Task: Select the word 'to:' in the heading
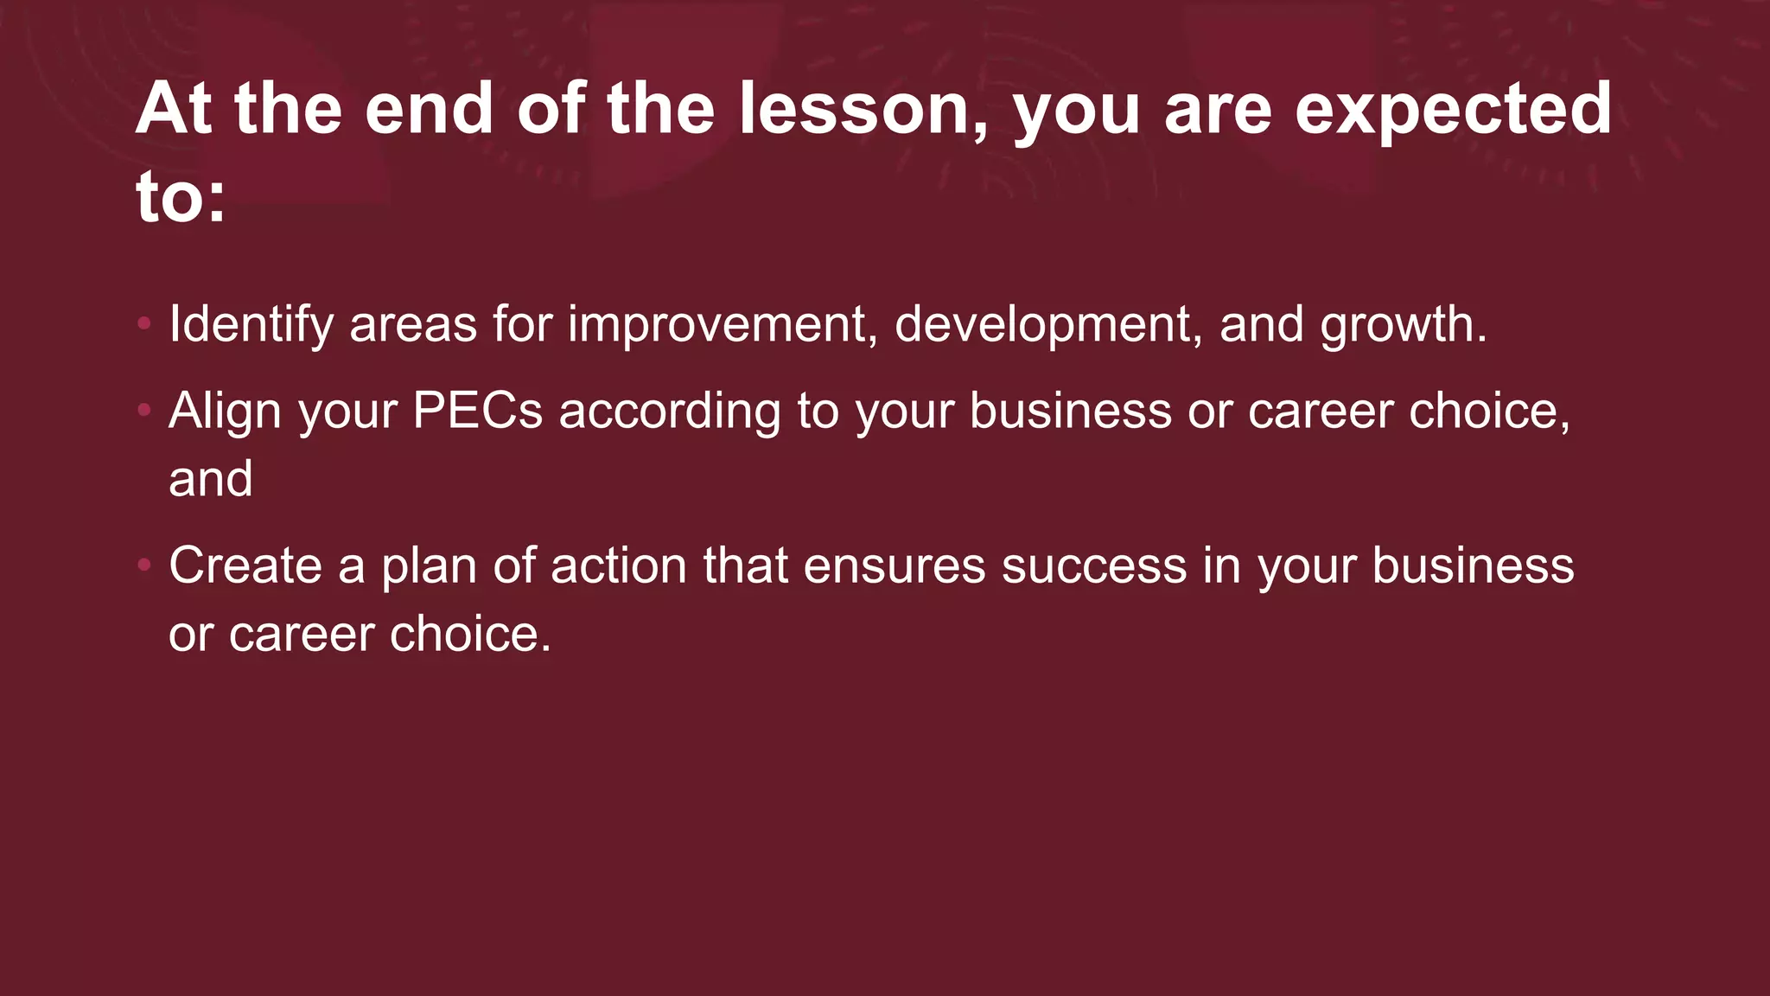click(181, 197)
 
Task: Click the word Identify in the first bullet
click(251, 324)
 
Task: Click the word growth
click(1403, 324)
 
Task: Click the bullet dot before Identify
click(144, 324)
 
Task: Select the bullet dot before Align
click(144, 410)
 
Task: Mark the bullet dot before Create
click(144, 565)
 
